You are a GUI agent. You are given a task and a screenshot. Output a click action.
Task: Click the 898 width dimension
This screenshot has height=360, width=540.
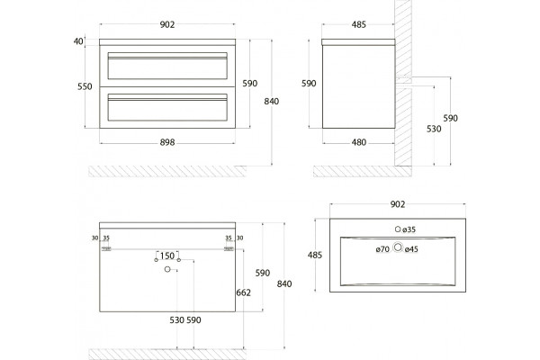[x=167, y=142]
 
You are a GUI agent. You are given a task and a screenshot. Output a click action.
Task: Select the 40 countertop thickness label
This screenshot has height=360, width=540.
[x=78, y=41]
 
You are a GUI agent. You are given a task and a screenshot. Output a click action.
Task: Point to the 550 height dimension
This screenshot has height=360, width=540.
[x=85, y=86]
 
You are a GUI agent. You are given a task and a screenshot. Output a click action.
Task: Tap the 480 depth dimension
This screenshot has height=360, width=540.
[x=359, y=142]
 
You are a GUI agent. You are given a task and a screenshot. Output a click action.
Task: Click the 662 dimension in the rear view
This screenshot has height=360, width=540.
[x=244, y=292]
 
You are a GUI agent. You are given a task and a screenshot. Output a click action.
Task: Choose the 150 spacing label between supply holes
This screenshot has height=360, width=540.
[x=167, y=256]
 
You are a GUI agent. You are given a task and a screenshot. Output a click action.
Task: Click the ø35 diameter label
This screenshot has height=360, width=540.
[x=409, y=229]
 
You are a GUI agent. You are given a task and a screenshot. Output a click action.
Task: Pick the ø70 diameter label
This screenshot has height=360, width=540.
[x=382, y=249]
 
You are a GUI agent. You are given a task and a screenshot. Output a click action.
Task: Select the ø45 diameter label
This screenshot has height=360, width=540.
[x=411, y=249]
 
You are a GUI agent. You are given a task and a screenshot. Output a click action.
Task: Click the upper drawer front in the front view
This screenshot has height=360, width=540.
[x=167, y=66]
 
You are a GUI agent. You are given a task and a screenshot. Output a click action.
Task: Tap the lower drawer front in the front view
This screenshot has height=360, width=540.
[x=167, y=107]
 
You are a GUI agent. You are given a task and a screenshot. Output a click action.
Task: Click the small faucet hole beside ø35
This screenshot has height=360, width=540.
[x=398, y=229]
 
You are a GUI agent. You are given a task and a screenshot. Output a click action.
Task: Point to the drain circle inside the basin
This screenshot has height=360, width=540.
[x=398, y=247]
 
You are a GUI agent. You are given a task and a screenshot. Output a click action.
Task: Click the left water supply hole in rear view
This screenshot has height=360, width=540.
[x=157, y=260]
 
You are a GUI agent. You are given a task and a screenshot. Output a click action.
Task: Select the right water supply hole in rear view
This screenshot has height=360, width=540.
[x=179, y=260]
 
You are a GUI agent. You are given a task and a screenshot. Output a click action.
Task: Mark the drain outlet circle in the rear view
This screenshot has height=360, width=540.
[x=167, y=269]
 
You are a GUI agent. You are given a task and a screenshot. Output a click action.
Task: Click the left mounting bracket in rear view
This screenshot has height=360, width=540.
[x=106, y=248]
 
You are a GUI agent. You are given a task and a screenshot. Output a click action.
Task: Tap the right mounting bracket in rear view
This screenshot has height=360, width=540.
[x=229, y=248]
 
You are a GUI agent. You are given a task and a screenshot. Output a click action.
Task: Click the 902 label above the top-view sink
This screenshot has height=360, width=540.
[x=398, y=204]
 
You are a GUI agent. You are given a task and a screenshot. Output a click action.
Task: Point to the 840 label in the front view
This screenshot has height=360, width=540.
[x=272, y=102]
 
